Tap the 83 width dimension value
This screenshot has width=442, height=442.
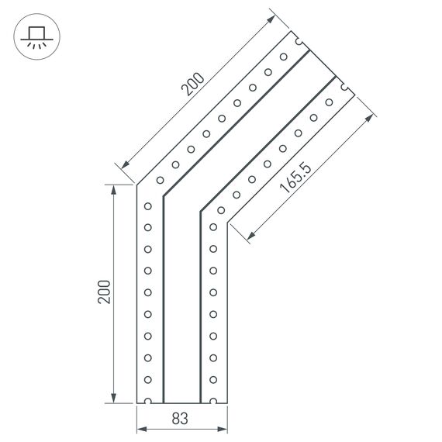(x=180, y=420)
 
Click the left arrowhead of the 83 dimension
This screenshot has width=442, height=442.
(x=141, y=428)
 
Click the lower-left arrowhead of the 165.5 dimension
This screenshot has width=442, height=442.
(x=250, y=236)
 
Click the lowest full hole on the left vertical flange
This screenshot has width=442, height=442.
(x=147, y=380)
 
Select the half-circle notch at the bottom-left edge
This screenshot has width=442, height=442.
(x=147, y=402)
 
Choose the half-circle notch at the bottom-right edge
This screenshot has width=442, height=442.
(x=212, y=402)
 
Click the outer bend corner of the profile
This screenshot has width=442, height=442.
(x=137, y=185)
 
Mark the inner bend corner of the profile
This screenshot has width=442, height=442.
(x=227, y=223)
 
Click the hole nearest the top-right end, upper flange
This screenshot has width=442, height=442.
(x=283, y=57)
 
